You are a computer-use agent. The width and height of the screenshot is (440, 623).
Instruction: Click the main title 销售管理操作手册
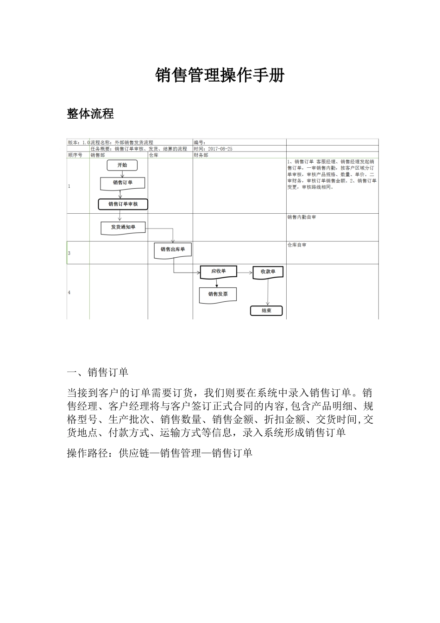coord(220,75)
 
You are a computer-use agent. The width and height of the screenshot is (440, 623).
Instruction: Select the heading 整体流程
coord(90,114)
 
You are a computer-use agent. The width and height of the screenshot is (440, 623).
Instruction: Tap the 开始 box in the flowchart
coord(122,165)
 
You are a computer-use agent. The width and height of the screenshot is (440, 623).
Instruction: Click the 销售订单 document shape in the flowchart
coord(123,183)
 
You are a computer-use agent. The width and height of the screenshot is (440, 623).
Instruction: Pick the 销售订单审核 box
coord(123,204)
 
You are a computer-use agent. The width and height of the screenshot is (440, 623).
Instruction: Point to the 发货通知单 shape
coord(123,227)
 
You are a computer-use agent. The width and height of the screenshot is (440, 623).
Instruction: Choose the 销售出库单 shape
coord(173,249)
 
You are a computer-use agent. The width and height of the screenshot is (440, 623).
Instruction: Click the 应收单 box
coord(218,271)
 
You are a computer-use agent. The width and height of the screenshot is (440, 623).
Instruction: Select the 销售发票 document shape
coord(218,294)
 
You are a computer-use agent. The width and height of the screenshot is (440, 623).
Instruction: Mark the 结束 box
coord(266,311)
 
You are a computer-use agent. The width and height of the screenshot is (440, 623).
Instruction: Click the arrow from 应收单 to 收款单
coord(245,272)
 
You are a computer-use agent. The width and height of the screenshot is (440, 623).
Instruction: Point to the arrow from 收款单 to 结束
coord(268,292)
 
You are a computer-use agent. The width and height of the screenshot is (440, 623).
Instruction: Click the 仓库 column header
coord(154,155)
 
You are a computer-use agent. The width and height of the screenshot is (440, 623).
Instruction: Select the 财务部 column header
coord(201,155)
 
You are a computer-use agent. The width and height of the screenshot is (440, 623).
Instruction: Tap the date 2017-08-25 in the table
coord(220,149)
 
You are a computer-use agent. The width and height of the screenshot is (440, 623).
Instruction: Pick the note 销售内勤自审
coord(302,217)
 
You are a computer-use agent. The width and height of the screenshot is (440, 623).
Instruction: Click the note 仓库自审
coord(297,245)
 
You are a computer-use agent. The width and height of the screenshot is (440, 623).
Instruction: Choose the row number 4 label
coord(69,292)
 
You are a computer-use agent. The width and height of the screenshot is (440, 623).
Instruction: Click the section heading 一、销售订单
coord(98,372)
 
